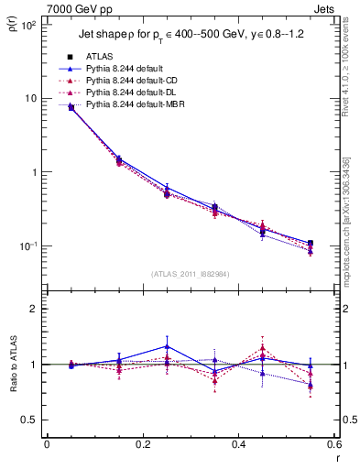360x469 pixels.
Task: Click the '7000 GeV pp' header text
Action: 71,8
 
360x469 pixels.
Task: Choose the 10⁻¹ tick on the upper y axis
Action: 30,246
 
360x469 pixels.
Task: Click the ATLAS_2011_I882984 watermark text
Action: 190,274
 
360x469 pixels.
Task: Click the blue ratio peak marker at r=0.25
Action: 167,346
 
